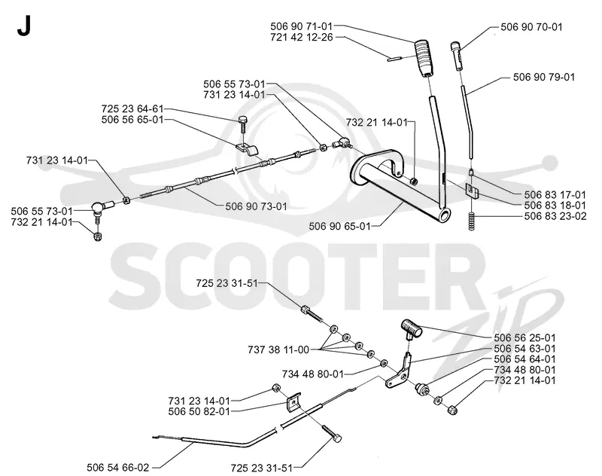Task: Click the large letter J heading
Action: click(x=23, y=26)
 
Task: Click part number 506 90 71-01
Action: click(x=301, y=26)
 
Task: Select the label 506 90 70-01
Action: click(x=531, y=27)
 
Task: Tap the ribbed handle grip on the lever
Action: click(x=424, y=58)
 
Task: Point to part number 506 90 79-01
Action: click(x=544, y=78)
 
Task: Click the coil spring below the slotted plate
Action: click(x=472, y=221)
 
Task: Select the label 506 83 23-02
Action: click(x=555, y=216)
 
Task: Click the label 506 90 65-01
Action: click(x=340, y=226)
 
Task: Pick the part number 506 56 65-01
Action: click(x=132, y=120)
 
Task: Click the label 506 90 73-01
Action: click(x=256, y=206)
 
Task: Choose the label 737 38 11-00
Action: click(x=278, y=349)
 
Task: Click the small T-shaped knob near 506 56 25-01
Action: click(x=411, y=329)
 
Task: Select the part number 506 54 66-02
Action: click(x=118, y=468)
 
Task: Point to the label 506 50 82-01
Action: click(x=199, y=411)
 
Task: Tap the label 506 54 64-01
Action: click(x=524, y=359)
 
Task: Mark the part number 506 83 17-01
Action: click(x=555, y=195)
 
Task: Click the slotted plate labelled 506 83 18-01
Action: click(x=472, y=191)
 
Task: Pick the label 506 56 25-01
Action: click(x=524, y=337)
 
